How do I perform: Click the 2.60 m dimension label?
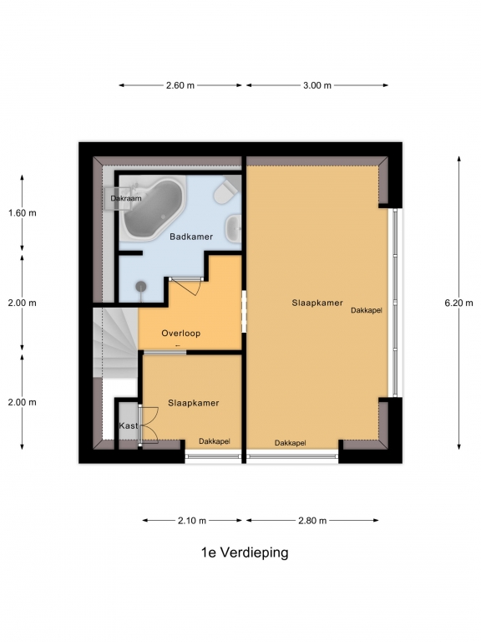coord(180,85)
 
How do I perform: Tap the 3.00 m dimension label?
coord(317,85)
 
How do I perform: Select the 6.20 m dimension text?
coord(458,303)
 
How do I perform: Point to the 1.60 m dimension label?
coord(22,213)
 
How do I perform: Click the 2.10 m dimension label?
coord(192,521)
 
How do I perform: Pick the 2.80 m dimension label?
coord(312,521)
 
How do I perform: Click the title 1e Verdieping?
coord(245,553)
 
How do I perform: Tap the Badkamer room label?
coord(191,237)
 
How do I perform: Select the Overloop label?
coord(180,334)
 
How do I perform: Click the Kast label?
coord(129,425)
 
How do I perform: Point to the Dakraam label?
coord(126,198)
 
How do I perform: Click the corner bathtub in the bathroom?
coord(153,207)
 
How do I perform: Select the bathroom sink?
coord(234,228)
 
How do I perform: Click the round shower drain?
coord(141,286)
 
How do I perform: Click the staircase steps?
coord(115,343)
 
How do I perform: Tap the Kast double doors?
coord(149,425)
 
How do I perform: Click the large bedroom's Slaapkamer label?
coord(317,303)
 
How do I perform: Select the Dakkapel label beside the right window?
coord(367,311)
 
